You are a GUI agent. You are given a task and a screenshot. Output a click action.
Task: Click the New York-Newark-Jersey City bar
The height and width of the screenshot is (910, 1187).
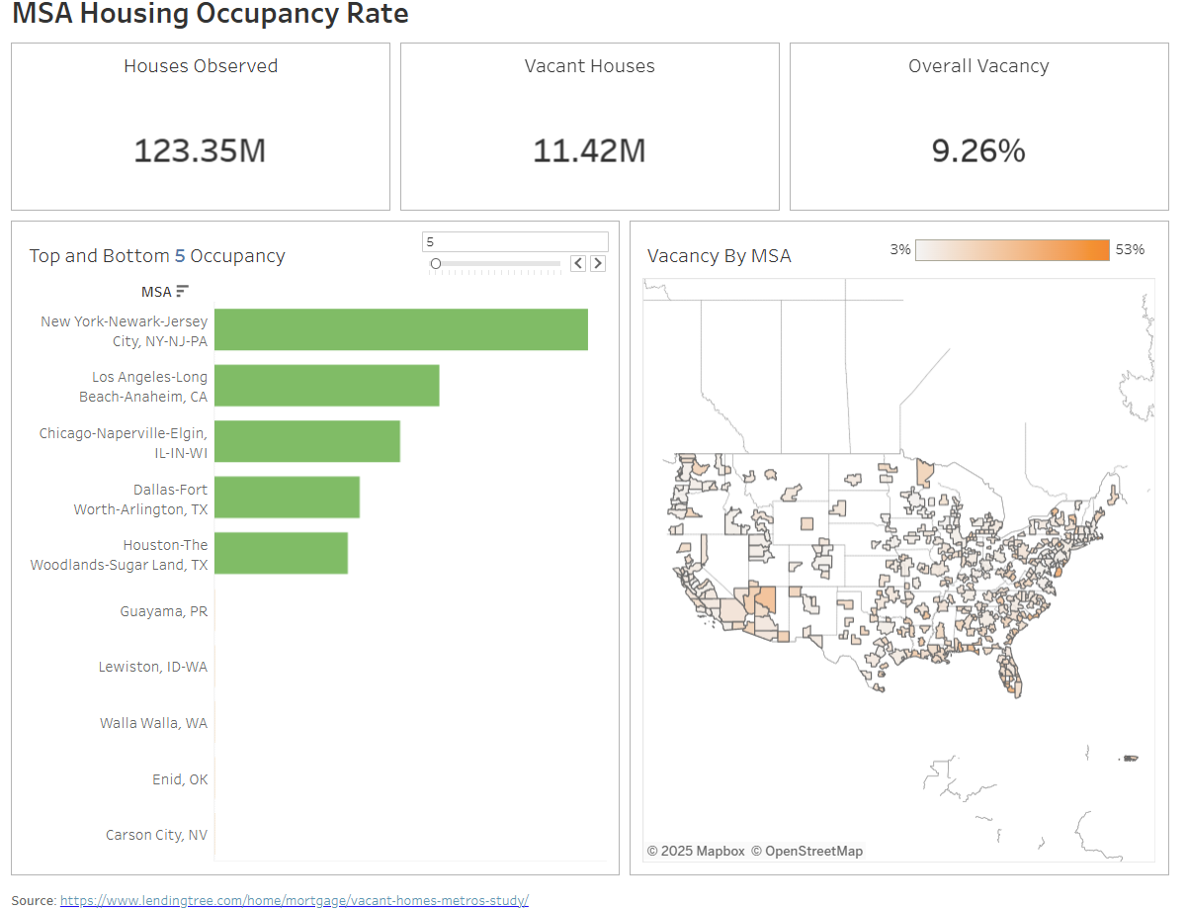click(400, 329)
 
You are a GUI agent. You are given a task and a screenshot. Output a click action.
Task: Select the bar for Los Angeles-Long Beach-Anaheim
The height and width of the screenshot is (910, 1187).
click(326, 385)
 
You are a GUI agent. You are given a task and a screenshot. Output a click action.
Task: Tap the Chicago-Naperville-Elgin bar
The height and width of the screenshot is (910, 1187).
click(306, 441)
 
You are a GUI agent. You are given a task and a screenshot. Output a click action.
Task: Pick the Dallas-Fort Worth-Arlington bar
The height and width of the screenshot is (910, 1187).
click(287, 498)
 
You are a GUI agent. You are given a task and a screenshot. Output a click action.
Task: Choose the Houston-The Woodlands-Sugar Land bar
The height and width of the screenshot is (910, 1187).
click(281, 553)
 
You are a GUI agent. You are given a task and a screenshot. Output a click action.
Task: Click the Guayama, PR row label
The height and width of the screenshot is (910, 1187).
click(163, 611)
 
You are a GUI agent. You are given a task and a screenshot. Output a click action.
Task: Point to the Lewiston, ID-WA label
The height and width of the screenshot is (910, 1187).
click(153, 667)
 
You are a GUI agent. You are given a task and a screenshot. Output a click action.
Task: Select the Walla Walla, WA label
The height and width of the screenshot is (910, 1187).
click(153, 723)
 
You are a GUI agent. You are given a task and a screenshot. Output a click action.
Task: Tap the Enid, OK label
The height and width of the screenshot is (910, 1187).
click(180, 779)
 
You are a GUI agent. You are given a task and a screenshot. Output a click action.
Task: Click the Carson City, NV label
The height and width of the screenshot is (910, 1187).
click(156, 835)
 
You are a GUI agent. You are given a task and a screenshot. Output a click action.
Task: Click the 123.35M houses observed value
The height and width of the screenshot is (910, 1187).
click(200, 151)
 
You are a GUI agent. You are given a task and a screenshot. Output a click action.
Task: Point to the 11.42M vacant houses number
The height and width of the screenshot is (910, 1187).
click(589, 151)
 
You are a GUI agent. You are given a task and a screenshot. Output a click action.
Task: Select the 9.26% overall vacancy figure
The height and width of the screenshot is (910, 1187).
click(978, 151)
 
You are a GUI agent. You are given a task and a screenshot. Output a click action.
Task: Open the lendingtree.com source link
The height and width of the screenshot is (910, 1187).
click(294, 900)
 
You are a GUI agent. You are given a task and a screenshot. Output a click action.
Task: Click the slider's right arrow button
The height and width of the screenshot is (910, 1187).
click(597, 263)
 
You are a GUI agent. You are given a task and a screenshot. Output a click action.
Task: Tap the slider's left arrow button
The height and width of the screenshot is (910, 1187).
click(578, 263)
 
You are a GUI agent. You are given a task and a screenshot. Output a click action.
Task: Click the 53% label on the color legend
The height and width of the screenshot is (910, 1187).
click(1130, 249)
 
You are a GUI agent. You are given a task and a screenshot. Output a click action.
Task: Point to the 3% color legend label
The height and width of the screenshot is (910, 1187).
click(899, 249)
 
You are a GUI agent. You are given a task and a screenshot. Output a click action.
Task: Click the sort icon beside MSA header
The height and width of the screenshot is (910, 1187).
click(182, 291)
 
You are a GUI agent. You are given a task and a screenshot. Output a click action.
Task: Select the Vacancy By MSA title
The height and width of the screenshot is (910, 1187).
click(719, 256)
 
